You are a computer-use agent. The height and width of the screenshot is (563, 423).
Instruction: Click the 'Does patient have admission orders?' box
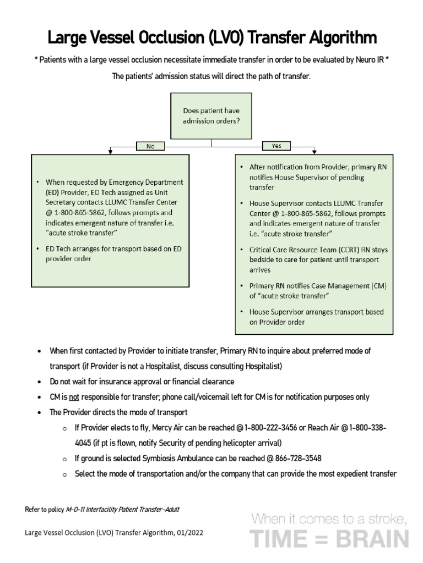[x=211, y=115]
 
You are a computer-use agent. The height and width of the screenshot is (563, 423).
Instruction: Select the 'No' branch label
[x=150, y=146]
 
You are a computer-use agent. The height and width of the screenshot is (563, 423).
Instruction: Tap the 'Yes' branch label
[x=276, y=146]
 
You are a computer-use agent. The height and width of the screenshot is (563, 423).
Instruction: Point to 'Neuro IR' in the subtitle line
[x=370, y=60]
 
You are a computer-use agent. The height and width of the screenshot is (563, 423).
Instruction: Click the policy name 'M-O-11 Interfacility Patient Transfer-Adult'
[x=122, y=509]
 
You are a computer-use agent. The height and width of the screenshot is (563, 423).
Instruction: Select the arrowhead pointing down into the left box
[x=111, y=151]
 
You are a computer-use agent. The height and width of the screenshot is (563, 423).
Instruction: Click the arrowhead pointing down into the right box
[x=314, y=151]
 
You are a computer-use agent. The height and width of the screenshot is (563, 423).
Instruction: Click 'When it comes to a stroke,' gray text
[x=329, y=518]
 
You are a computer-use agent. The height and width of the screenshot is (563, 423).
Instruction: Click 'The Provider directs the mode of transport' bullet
[x=118, y=412]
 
